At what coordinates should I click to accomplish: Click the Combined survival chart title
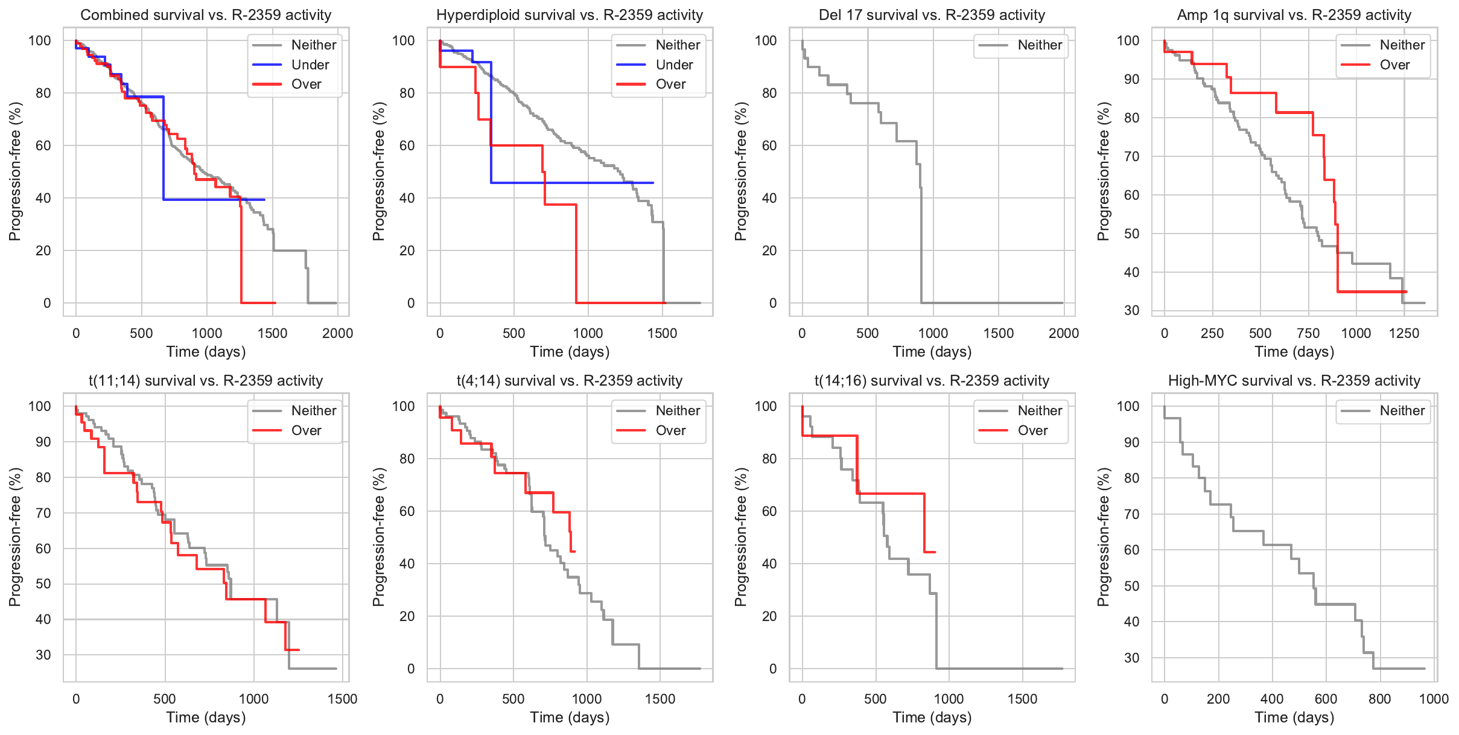click(206, 15)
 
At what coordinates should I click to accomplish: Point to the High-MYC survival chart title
click(1294, 381)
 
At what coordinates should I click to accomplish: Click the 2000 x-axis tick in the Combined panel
click(337, 333)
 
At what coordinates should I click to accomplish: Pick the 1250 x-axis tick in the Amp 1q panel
click(1404, 333)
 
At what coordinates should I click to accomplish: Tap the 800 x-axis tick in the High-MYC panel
click(1380, 699)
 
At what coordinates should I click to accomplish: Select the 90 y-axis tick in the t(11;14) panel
click(43, 442)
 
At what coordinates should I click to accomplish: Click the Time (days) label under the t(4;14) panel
click(570, 717)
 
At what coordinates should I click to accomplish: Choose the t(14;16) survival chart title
click(932, 381)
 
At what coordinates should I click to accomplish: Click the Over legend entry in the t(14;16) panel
click(1032, 430)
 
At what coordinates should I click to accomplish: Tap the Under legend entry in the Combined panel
click(310, 65)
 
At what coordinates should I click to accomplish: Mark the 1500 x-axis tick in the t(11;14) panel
click(343, 699)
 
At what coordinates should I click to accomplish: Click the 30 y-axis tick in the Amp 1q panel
click(1132, 311)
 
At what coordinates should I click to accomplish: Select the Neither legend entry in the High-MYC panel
click(1402, 410)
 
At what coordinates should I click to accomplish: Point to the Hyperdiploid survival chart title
click(570, 15)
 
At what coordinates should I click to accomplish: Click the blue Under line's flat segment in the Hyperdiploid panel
click(573, 183)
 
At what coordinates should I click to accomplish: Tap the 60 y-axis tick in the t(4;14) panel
click(407, 511)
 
